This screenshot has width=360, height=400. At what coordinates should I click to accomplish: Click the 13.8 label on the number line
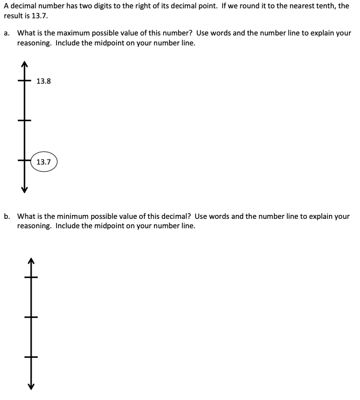pos(44,81)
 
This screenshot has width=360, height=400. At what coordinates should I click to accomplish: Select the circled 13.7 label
pos(44,162)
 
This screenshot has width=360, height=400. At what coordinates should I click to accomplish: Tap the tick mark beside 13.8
pos(24,81)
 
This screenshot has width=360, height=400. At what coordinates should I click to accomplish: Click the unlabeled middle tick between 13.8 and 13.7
pos(24,121)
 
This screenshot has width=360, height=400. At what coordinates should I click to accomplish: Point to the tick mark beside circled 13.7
pos(24,161)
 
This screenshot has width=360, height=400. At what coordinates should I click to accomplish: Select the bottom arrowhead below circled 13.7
pos(24,189)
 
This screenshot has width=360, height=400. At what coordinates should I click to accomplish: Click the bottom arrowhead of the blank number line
pos(31,386)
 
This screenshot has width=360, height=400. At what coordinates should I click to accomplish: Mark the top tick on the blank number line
pos(31,276)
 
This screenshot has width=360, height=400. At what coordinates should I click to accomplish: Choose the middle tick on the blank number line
pos(31,317)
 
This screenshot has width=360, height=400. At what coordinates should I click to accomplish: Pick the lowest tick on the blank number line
pos(31,357)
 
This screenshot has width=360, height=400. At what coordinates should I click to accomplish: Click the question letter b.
pos(6,216)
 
